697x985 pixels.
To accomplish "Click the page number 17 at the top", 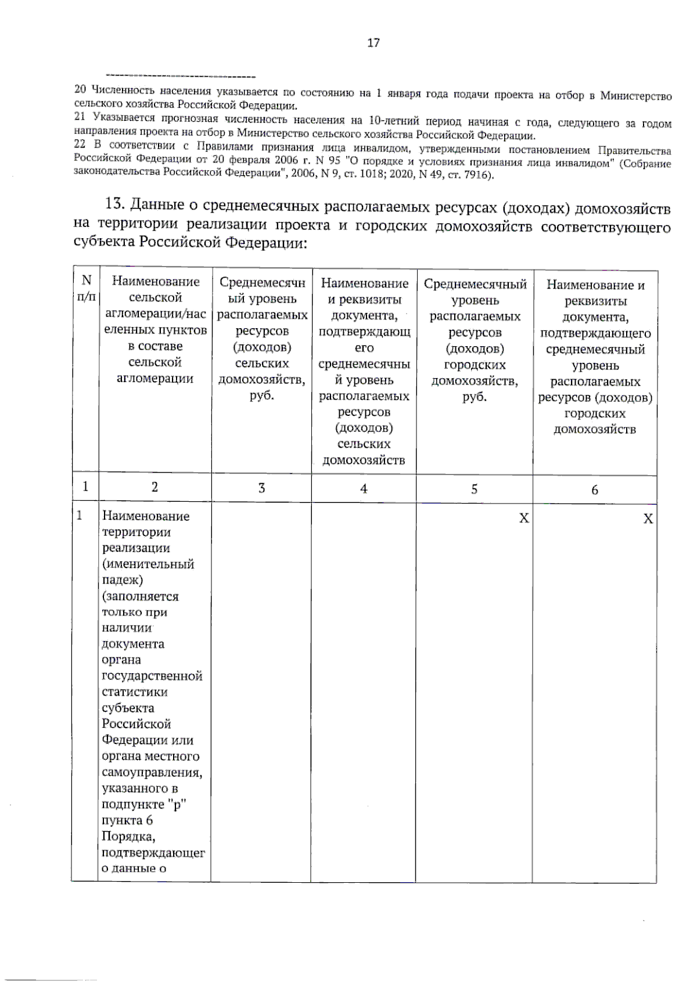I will (373, 42).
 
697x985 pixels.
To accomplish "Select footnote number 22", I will (80, 144).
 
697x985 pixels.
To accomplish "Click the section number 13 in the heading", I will (114, 204).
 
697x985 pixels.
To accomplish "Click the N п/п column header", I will (86, 289).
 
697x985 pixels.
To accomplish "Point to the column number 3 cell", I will (261, 488).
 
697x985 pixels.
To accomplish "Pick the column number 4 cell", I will (364, 488).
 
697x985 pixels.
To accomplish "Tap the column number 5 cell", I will (474, 489).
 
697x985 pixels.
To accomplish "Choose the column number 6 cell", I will (594, 490).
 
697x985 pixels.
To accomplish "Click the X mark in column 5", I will (524, 518).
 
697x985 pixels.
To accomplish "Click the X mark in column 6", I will (648, 519).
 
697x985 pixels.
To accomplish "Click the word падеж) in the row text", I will (123, 580).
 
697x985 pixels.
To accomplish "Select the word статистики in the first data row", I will (135, 692).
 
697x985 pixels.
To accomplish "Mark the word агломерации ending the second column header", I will (155, 379).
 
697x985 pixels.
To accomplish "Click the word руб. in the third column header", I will (261, 396).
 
